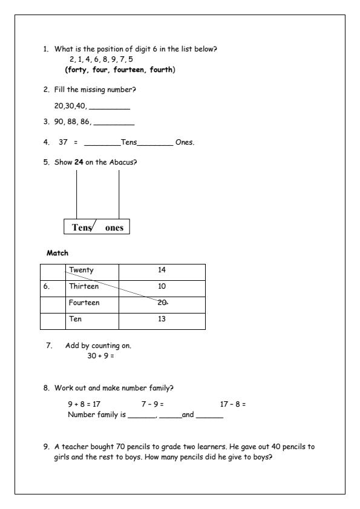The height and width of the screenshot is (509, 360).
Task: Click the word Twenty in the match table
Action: click(x=82, y=270)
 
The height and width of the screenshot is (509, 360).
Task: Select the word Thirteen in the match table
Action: click(x=84, y=286)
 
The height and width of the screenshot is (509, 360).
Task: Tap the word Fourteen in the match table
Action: click(x=85, y=303)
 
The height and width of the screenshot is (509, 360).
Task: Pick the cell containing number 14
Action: click(x=162, y=270)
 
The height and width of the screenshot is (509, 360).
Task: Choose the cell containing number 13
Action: click(x=162, y=319)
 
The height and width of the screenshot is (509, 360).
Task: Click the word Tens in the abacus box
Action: click(x=82, y=228)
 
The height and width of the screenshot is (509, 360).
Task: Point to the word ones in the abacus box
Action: click(x=114, y=228)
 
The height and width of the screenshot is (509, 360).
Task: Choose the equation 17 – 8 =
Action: click(x=234, y=404)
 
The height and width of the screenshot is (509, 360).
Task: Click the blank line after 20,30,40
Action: click(x=110, y=107)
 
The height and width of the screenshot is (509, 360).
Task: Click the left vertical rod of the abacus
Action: click(x=77, y=194)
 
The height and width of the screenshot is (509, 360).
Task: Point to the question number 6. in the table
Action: click(x=47, y=286)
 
